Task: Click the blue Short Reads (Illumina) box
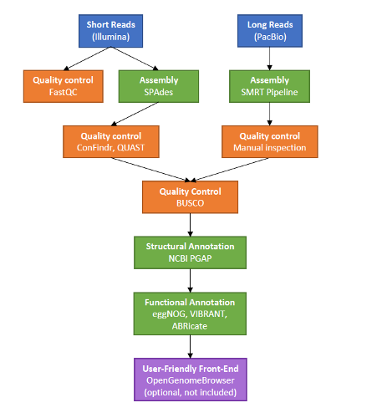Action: pos(110,31)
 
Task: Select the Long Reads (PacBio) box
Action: pos(270,31)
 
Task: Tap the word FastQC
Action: pos(64,92)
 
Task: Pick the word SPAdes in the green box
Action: pos(159,92)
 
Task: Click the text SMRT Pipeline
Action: pos(269,92)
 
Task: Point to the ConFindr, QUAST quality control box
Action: pos(111,141)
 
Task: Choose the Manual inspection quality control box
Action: pos(270,141)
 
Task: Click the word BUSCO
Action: pos(190,203)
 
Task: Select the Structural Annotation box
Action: pos(190,252)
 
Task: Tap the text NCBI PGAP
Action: pos(190,258)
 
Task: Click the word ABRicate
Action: pos(190,326)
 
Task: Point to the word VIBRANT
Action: pos(208,314)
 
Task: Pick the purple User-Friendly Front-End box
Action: pos(191,380)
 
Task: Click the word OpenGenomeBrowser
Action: pos(191,380)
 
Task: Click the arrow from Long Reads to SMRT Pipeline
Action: pos(269,59)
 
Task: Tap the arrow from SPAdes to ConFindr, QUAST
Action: pos(135,114)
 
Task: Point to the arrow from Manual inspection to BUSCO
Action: pos(229,170)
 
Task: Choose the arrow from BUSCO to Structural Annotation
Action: pos(191,225)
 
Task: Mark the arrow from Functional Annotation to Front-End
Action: pos(191,346)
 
